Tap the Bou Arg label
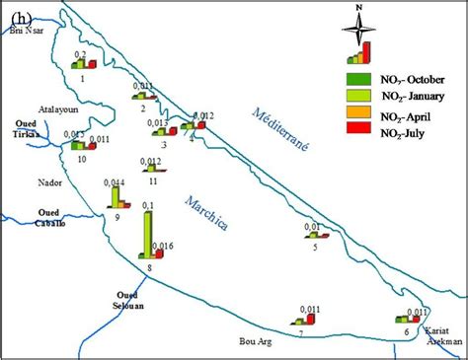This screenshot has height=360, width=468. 255,342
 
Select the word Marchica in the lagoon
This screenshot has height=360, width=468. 206,212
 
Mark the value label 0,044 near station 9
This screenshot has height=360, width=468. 116,183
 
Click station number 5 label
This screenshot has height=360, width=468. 314,248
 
